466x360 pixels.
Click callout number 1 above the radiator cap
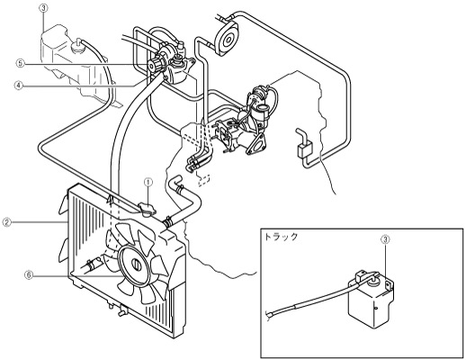148,182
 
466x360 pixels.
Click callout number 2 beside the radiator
6,222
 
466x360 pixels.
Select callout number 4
18,85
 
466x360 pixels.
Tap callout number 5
20,63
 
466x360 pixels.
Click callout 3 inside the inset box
385,239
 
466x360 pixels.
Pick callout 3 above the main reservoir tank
43,8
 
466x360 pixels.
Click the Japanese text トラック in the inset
281,237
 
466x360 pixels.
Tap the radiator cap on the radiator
147,209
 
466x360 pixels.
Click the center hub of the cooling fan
136,264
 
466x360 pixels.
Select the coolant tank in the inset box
371,300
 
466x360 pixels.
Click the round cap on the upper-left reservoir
77,47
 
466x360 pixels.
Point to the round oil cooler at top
228,39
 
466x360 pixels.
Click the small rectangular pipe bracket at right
304,149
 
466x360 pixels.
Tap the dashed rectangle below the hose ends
203,180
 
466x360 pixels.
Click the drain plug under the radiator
121,310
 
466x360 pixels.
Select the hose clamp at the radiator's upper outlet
167,221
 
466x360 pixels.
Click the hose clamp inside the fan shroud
92,264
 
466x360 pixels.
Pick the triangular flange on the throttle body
256,144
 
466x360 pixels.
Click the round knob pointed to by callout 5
154,65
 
